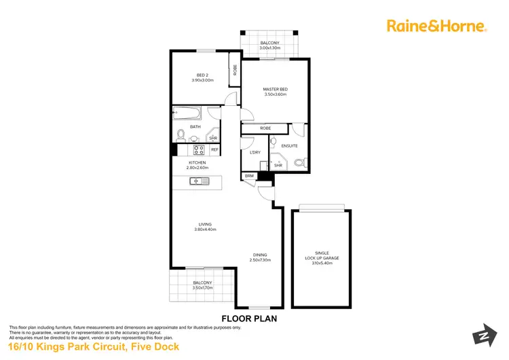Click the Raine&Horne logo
tap(436, 26)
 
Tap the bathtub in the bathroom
tap(191, 113)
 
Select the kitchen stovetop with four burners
tap(200, 149)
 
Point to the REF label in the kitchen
tap(214, 149)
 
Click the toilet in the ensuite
tap(302, 162)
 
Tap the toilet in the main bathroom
tap(181, 134)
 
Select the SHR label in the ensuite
tap(278, 164)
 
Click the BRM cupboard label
tap(249, 176)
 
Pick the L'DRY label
tap(255, 152)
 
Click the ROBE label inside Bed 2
tap(235, 69)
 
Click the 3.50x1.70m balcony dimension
tap(203, 288)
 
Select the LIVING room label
tap(204, 224)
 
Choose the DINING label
tap(260, 255)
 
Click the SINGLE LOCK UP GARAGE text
tap(322, 255)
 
